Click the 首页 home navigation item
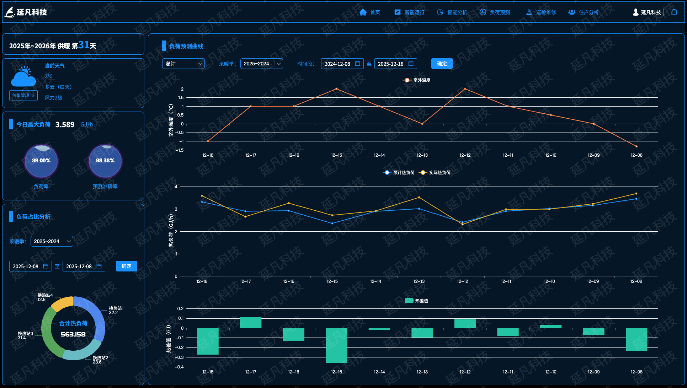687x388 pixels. coord(370,12)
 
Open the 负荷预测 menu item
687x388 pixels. coord(495,12)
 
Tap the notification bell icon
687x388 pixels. coord(674,12)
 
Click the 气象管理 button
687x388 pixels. coord(23,96)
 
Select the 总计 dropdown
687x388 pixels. coord(183,64)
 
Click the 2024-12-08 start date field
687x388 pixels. coord(342,64)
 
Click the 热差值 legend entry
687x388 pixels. coord(417,301)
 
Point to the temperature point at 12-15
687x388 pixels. coord(336,89)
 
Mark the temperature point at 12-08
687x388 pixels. coord(637,146)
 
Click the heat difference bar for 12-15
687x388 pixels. coord(336,345)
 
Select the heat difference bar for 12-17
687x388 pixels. coord(251,323)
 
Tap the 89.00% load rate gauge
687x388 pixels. coord(41,161)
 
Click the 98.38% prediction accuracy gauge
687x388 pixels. coord(105,161)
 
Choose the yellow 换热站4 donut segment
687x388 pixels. coord(63,303)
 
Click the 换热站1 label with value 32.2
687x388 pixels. coord(116,311)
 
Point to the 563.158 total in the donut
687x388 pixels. coord(73,334)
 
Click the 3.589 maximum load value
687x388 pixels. coord(65,125)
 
